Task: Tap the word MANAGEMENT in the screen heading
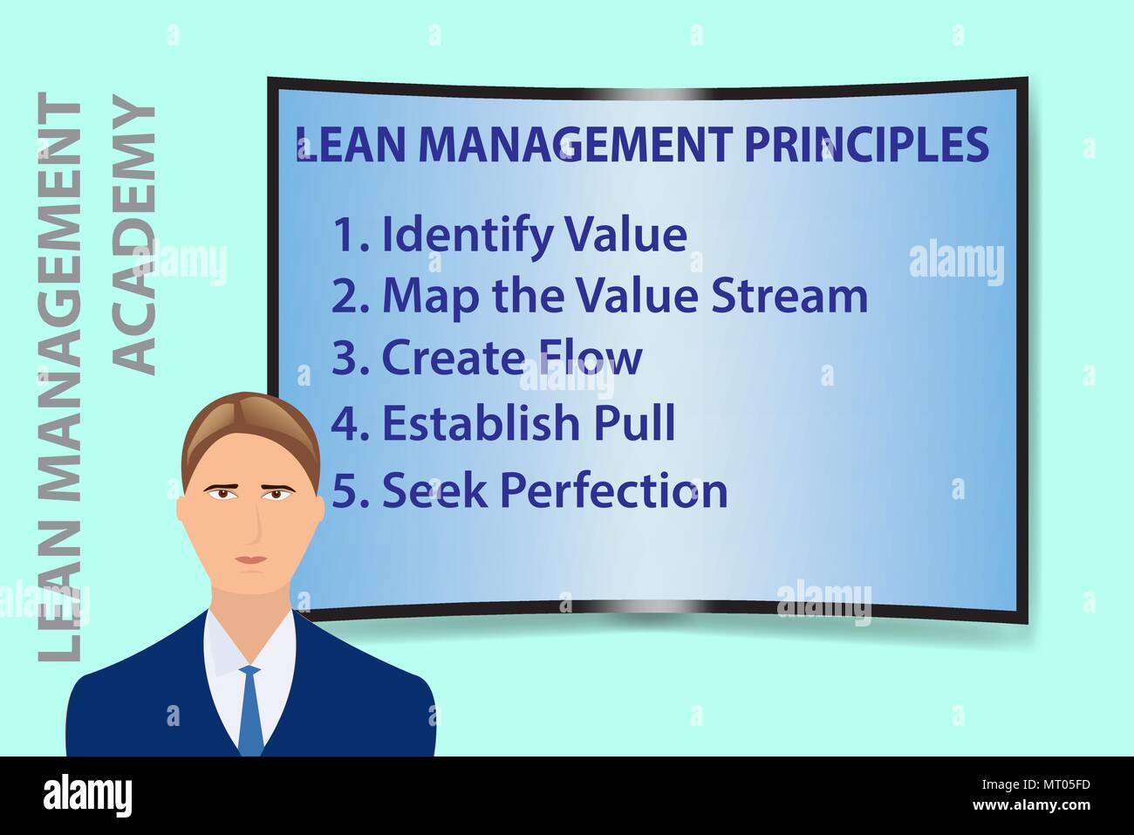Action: point(577,145)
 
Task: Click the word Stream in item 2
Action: point(789,296)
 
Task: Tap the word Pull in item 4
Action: point(635,423)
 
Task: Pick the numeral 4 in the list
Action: point(346,424)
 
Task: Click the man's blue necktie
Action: point(250,707)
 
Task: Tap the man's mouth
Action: point(252,559)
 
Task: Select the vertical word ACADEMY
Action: point(136,236)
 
